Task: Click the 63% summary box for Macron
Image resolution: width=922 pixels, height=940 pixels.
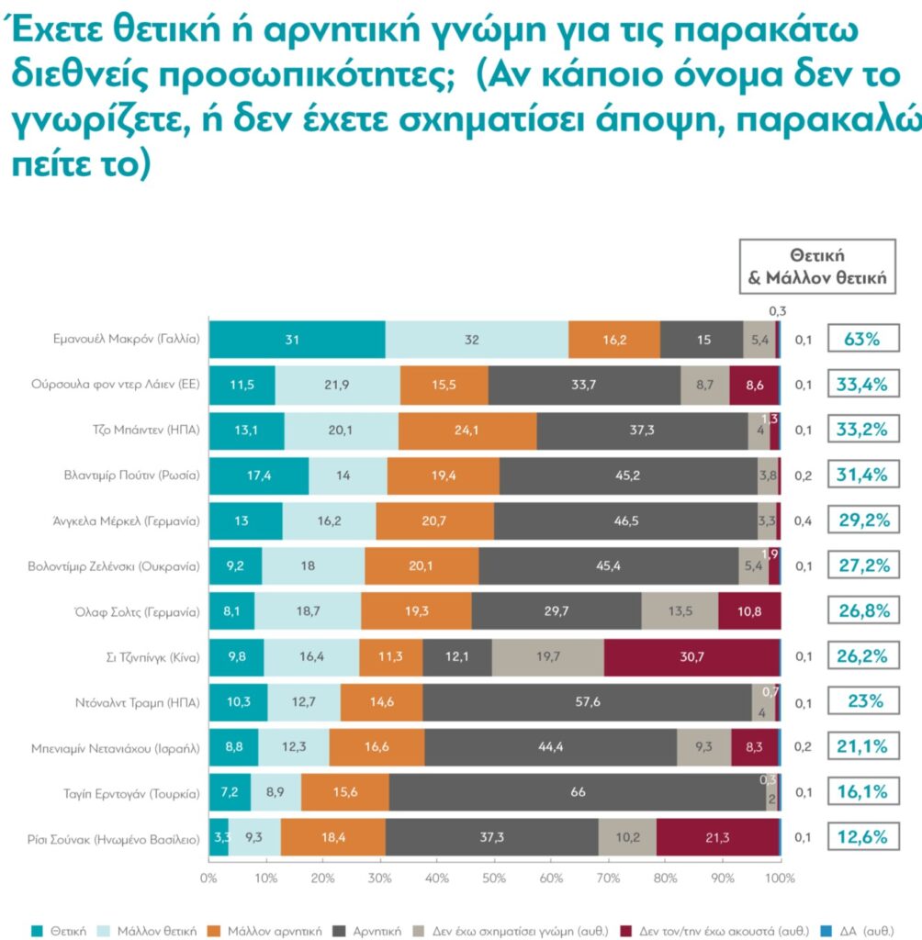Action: click(x=862, y=340)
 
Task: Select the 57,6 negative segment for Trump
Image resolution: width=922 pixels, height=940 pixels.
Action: click(x=588, y=702)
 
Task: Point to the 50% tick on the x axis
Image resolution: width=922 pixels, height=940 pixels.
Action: click(x=495, y=878)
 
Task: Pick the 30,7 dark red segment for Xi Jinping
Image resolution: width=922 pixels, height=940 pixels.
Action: click(x=691, y=656)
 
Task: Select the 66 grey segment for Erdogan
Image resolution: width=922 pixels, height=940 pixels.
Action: click(x=578, y=792)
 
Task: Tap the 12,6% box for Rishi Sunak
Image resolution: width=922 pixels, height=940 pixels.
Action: click(x=862, y=837)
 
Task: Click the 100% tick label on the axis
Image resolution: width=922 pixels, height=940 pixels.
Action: click(x=780, y=878)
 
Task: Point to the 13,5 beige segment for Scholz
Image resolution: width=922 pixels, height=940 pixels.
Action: click(x=680, y=611)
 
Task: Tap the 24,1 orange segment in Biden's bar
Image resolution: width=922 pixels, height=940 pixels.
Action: click(x=467, y=431)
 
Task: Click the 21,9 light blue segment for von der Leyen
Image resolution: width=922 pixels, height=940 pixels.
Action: click(x=337, y=385)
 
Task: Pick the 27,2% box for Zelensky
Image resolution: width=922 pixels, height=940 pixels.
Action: click(x=862, y=565)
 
